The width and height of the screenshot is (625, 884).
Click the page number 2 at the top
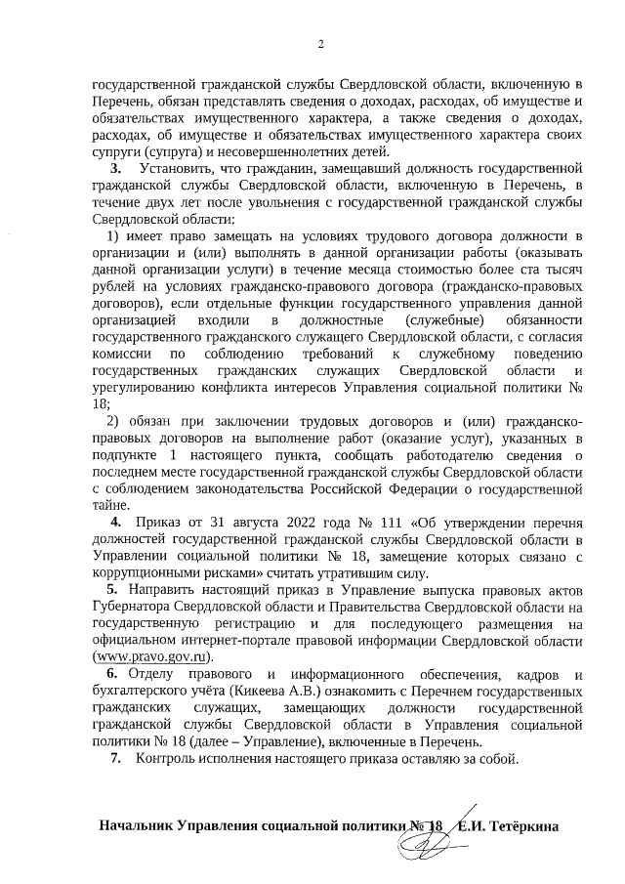[319, 43]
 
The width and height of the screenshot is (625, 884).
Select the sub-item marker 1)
[113, 235]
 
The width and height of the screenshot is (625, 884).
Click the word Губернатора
[131, 607]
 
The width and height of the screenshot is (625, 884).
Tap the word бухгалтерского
[142, 691]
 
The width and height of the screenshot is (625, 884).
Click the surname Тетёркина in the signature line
[527, 825]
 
